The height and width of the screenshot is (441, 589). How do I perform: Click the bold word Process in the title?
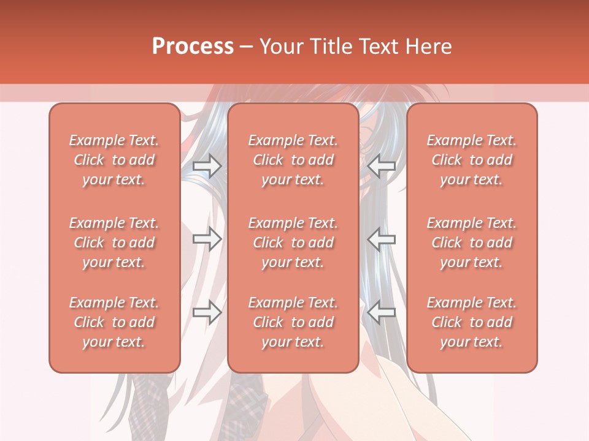tap(193, 47)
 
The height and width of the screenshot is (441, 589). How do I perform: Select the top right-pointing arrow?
tap(207, 165)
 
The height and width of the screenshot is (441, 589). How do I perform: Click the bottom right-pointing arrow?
tap(207, 312)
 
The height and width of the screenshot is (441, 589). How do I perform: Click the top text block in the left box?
tap(114, 160)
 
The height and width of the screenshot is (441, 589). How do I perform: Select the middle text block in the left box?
tap(114, 243)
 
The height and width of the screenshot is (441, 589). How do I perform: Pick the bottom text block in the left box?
tap(114, 322)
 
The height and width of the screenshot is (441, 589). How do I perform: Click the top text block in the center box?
tap(293, 160)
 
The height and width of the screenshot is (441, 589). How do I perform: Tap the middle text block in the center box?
tap(293, 243)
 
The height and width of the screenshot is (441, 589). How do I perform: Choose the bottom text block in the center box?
tap(293, 322)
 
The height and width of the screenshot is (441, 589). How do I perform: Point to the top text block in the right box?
tap(471, 160)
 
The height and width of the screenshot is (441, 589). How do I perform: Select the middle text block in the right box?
tap(471, 243)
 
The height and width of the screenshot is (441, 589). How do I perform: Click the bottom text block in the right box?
tap(471, 322)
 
